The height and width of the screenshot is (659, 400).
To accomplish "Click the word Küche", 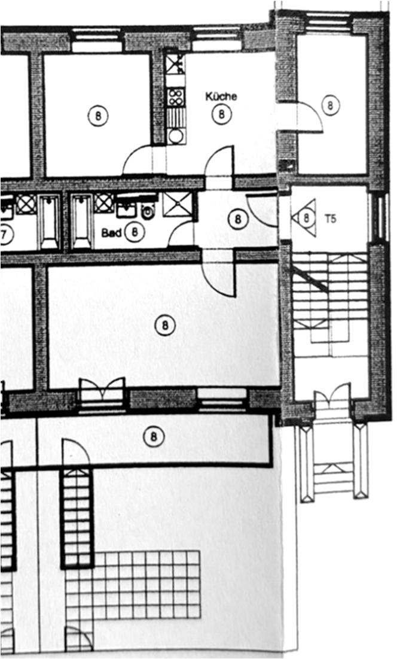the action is click(221, 96).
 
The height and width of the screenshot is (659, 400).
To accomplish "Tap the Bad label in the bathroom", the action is click(111, 233).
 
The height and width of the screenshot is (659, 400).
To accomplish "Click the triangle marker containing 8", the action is click(305, 218).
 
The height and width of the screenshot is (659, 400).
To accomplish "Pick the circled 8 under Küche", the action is click(221, 114).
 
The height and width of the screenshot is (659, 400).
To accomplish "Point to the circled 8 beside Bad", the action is click(135, 232).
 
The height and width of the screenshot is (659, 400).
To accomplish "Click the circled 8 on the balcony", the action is click(153, 437).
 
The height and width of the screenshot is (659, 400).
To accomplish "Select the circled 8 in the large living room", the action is click(164, 325).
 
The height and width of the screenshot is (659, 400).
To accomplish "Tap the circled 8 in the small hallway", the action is click(238, 219).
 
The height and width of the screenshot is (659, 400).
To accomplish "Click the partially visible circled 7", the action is click(5, 235).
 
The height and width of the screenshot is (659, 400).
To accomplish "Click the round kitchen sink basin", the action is click(176, 136).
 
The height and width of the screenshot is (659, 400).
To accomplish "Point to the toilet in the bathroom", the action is click(147, 212).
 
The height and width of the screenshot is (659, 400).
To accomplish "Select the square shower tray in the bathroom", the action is click(177, 205).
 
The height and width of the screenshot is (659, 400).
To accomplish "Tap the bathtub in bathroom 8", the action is click(81, 221).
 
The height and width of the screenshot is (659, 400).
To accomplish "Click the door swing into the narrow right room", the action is click(310, 117).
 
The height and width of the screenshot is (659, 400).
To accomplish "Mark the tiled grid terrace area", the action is click(133, 585).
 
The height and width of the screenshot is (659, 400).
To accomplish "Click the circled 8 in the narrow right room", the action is click(330, 105).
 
